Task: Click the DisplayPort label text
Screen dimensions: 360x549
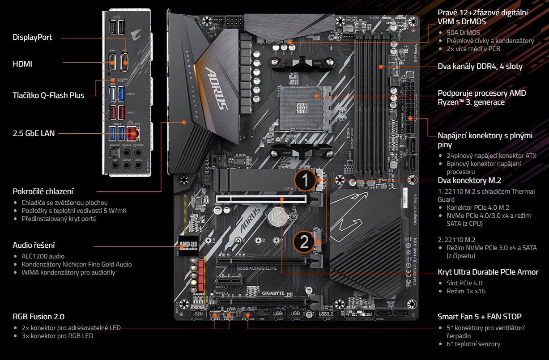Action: tap(32, 38)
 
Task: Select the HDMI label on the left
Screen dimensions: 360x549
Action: tap(22, 64)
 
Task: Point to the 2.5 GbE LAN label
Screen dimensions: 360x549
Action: tap(34, 133)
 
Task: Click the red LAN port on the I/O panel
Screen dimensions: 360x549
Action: tap(132, 133)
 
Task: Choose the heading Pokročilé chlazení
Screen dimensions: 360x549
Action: tap(43, 192)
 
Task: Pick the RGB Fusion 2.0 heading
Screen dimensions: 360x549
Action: tap(38, 317)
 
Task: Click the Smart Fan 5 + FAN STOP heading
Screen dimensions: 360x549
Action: tap(479, 317)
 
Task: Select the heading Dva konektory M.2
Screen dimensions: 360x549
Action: tap(469, 180)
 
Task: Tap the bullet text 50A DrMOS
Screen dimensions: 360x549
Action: tap(463, 33)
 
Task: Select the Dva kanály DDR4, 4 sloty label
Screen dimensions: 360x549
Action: tap(480, 67)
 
